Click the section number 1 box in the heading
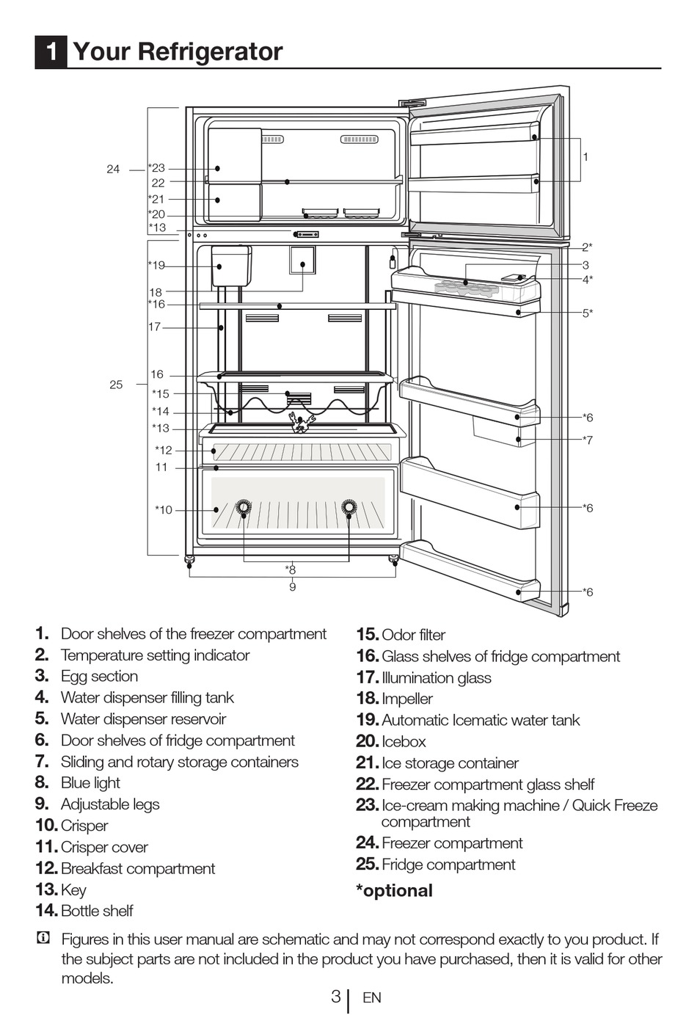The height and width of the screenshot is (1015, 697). pyautogui.click(x=51, y=52)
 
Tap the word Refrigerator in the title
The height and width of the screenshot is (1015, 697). pyautogui.click(x=210, y=51)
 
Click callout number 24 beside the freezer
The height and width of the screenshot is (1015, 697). pyautogui.click(x=113, y=170)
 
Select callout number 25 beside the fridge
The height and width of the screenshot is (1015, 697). pyautogui.click(x=116, y=385)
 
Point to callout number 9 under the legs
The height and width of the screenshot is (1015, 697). pyautogui.click(x=292, y=587)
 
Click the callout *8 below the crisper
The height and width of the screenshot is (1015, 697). pyautogui.click(x=291, y=570)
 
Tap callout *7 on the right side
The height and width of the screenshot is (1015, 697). pyautogui.click(x=587, y=440)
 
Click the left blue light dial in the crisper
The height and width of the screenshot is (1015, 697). pyautogui.click(x=243, y=507)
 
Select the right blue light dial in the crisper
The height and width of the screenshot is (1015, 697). pyautogui.click(x=349, y=506)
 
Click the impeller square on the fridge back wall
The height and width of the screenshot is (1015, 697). pyautogui.click(x=302, y=260)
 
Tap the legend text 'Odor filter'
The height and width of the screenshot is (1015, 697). pyautogui.click(x=413, y=635)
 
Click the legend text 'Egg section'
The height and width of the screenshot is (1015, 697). pyautogui.click(x=99, y=677)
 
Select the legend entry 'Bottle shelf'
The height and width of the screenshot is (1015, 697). pyautogui.click(x=97, y=911)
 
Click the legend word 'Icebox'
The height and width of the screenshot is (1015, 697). pyautogui.click(x=404, y=742)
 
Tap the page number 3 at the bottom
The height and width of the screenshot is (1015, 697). pyautogui.click(x=335, y=997)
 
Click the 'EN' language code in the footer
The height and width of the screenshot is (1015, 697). pyautogui.click(x=372, y=997)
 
